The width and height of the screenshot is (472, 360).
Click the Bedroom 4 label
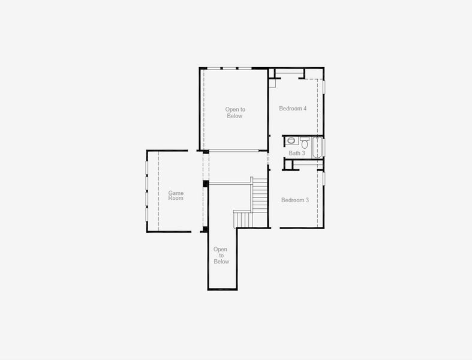(293, 109)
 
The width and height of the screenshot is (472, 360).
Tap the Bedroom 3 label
(294, 200)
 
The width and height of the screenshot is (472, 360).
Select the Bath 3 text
(297, 153)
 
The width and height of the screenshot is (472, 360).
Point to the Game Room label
(176, 196)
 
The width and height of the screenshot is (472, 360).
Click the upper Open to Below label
(235, 113)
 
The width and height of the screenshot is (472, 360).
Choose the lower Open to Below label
(221, 255)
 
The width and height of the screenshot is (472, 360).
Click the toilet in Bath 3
(305, 144)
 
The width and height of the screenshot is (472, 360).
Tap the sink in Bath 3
(291, 141)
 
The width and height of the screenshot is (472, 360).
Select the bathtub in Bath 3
(317, 147)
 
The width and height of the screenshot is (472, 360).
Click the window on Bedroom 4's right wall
(324, 86)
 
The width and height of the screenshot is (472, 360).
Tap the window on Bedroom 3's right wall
(324, 178)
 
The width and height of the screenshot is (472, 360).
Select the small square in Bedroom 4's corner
(272, 83)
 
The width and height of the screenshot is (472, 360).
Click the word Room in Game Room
(176, 199)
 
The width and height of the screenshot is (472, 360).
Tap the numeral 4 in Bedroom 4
(305, 109)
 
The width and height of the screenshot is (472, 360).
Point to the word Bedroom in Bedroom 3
(292, 200)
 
